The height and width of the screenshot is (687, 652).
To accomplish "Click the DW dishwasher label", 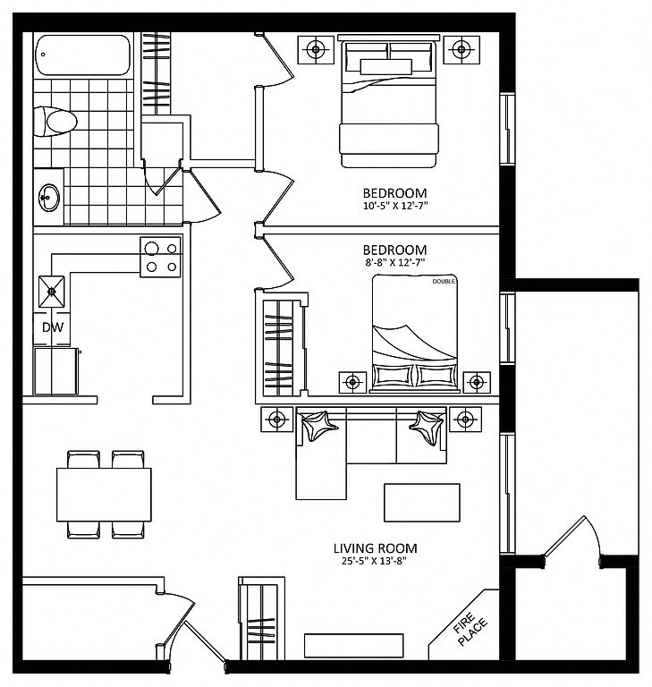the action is pos(53,327).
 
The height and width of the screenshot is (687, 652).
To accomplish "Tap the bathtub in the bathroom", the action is pos(83,55).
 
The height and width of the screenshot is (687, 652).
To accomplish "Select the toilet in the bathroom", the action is pos(55,122).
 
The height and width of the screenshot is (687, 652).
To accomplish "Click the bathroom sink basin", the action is pos(49,197).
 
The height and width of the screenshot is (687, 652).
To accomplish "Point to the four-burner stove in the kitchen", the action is pos(160,258).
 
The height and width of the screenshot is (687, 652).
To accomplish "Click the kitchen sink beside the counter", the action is pos(52,292).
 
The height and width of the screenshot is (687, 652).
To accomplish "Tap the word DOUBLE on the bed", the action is pos(444,281).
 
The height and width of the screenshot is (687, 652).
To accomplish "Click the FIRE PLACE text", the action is pos(470,629).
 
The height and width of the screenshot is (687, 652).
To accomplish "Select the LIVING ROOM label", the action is pos(375,548).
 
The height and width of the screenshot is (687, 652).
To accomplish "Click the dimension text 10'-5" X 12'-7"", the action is pos(394,206).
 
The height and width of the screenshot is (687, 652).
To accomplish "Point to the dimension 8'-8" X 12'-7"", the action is pos(394,262).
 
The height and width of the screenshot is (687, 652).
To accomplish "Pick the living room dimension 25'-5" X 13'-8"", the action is pos(374,561).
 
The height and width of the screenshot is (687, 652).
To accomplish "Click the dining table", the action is pos(104,495).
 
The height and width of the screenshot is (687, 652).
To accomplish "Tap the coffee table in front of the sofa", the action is pos(422,503).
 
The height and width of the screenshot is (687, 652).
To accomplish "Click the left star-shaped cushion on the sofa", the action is pos(319,426).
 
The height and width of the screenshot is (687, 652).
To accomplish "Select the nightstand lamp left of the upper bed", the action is pos(316,49).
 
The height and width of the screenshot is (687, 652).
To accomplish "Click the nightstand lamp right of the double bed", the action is pos(477,383).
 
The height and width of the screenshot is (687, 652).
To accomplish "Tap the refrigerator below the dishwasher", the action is pos(56,371).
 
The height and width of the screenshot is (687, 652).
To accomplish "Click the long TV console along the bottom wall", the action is pos(353,645).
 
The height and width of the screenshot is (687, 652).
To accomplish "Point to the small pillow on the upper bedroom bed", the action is pos(386,67).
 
